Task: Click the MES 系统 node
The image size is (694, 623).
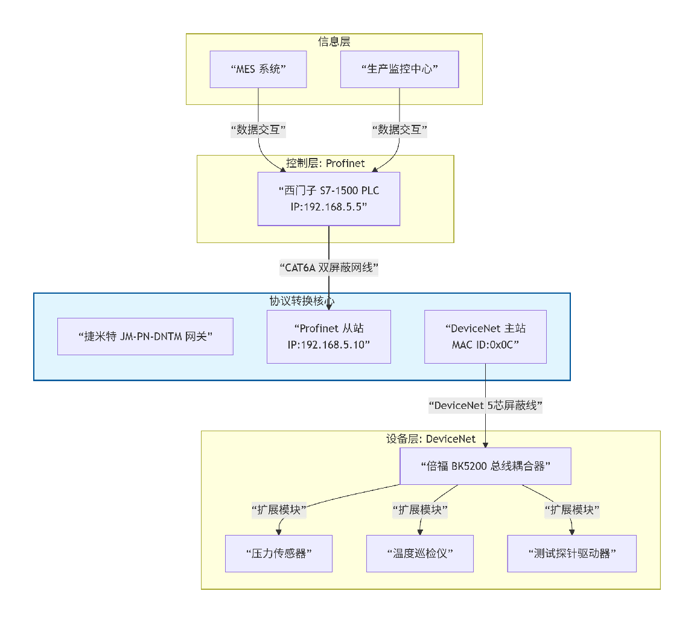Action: click(x=258, y=69)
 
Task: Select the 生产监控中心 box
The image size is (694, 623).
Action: click(x=400, y=69)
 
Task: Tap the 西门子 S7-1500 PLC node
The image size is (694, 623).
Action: click(x=328, y=198)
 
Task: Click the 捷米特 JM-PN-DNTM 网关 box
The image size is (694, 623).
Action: click(x=145, y=337)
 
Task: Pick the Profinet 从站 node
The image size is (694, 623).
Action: click(x=328, y=337)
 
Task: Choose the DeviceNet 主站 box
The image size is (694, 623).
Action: click(x=485, y=337)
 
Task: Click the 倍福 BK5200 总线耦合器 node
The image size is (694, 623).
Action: click(x=486, y=466)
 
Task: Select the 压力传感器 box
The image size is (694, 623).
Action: click(x=279, y=553)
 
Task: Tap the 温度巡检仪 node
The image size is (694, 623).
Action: click(x=419, y=553)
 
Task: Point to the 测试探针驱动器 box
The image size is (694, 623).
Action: click(x=571, y=553)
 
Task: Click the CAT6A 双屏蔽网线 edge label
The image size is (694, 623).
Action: click(x=328, y=268)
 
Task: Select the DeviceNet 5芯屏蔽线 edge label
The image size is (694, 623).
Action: click(x=486, y=406)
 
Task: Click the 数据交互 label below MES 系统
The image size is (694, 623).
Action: click(x=258, y=130)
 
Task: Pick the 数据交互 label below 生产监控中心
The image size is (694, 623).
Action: click(x=400, y=130)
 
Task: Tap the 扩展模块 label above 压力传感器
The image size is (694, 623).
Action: click(x=279, y=510)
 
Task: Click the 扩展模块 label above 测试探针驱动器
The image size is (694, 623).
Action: click(x=571, y=510)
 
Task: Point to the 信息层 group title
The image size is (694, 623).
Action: click(x=334, y=42)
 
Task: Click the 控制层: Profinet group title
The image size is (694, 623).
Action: click(x=325, y=163)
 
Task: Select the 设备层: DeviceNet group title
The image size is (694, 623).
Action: click(x=430, y=438)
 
